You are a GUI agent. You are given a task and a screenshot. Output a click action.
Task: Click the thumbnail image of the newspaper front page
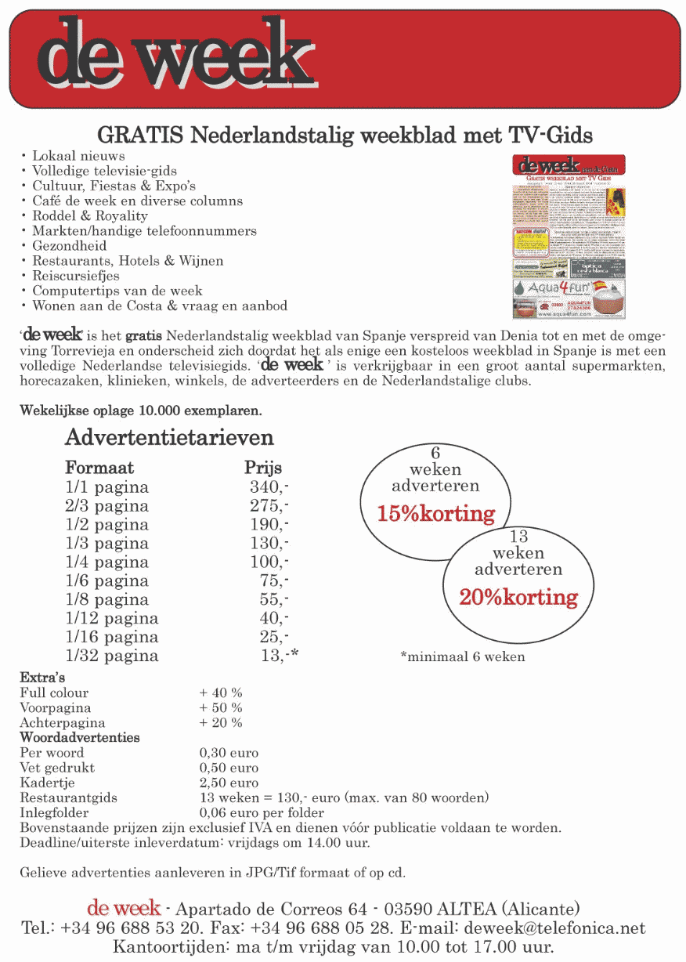pos(569,236)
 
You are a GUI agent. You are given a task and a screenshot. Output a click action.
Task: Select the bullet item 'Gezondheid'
pos(69,246)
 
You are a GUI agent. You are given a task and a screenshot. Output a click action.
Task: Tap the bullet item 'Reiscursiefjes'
pos(75,276)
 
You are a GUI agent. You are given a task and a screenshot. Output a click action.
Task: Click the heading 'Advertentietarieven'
pos(169,436)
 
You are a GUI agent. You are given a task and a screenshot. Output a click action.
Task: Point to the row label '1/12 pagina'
pos(111,619)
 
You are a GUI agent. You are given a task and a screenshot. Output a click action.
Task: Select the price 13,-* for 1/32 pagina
pos(280,656)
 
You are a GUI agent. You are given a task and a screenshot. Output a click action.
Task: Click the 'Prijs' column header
pos(263,468)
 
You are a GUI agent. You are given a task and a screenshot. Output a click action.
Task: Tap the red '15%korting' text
pos(436,514)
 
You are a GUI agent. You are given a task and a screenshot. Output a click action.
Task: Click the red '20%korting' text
pos(518,598)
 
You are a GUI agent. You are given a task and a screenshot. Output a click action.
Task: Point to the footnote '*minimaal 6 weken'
pos(462,656)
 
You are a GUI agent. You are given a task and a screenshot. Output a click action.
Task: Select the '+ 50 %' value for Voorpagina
pos(221,707)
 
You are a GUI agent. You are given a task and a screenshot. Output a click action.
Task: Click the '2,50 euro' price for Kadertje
pos(229,783)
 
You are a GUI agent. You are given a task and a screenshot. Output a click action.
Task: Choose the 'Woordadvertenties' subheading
pos(80,738)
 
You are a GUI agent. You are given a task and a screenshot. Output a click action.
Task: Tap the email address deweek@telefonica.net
pos(554,928)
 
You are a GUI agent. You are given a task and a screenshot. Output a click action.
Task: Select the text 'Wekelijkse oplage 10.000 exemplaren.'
pos(140,410)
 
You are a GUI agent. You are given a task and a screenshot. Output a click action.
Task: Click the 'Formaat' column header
pos(99,468)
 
